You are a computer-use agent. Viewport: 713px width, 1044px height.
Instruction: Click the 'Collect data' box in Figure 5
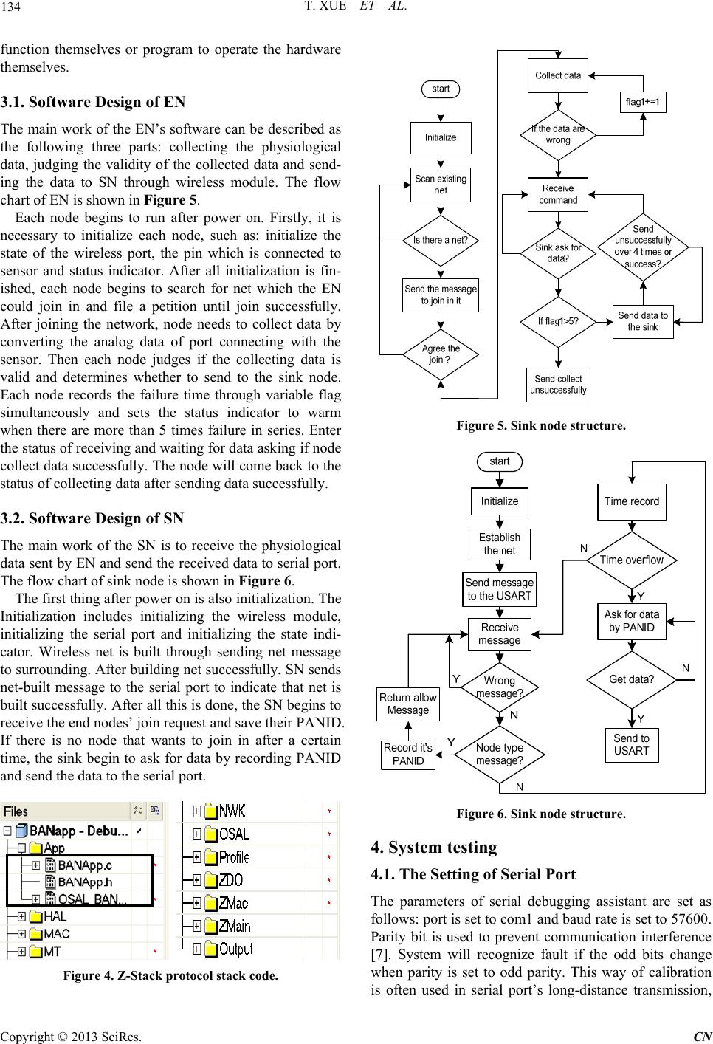click(x=557, y=75)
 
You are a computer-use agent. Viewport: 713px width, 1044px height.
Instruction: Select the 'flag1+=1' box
click(x=643, y=102)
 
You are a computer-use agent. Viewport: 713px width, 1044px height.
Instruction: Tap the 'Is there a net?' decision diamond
click(x=441, y=241)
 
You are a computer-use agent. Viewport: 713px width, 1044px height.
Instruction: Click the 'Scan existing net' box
click(x=441, y=185)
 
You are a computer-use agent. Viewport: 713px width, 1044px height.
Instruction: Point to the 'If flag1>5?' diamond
click(x=558, y=322)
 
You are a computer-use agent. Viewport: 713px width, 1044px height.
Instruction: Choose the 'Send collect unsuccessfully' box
click(x=558, y=385)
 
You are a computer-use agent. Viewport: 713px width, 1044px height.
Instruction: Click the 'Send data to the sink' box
click(x=643, y=322)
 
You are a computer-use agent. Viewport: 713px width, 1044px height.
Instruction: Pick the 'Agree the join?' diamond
click(x=441, y=354)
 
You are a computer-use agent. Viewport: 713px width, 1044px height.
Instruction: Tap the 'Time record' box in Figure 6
click(x=632, y=501)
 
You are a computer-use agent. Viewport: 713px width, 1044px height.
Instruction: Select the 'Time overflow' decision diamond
click(x=632, y=560)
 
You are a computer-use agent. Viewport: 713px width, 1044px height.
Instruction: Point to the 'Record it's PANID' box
click(x=407, y=755)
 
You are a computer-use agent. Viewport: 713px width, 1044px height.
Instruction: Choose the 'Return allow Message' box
click(x=407, y=704)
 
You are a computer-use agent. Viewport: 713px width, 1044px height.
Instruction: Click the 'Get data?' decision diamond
click(x=632, y=679)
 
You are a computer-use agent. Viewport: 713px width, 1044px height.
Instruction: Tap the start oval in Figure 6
click(x=499, y=461)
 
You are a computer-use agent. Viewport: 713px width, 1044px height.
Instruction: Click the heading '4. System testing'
click(x=434, y=847)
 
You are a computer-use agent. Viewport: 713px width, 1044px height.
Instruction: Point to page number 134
click(x=10, y=7)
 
